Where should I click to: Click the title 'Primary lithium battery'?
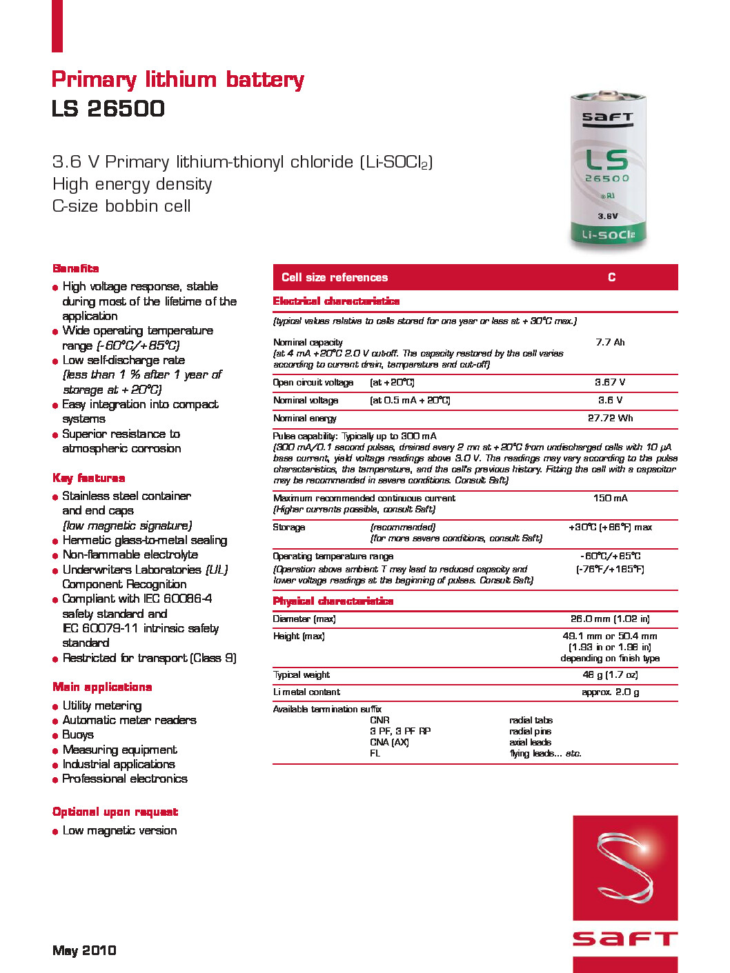coord(177,80)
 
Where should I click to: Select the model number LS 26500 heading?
coord(108,109)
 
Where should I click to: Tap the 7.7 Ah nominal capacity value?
coord(610,342)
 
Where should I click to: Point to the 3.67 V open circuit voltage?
coord(610,382)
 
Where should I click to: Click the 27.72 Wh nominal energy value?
coord(610,418)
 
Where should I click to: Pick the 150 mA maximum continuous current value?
coord(610,498)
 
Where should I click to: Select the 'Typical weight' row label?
coord(302,675)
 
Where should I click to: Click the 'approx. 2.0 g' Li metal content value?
coord(610,692)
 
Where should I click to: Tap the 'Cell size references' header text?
coord(335,277)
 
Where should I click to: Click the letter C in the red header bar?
coord(611,277)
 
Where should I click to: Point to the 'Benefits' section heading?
coord(76,268)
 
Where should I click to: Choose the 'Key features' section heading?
coord(89,478)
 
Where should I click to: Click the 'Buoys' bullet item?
coord(78,735)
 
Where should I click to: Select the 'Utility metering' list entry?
coord(102,705)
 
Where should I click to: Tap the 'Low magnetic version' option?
coord(119,831)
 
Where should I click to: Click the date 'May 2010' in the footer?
coord(84,950)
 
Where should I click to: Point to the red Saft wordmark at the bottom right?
coord(625,939)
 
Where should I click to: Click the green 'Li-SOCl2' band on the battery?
coord(608,235)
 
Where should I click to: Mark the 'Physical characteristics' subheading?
coord(333,601)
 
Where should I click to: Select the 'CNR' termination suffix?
coord(379,720)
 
